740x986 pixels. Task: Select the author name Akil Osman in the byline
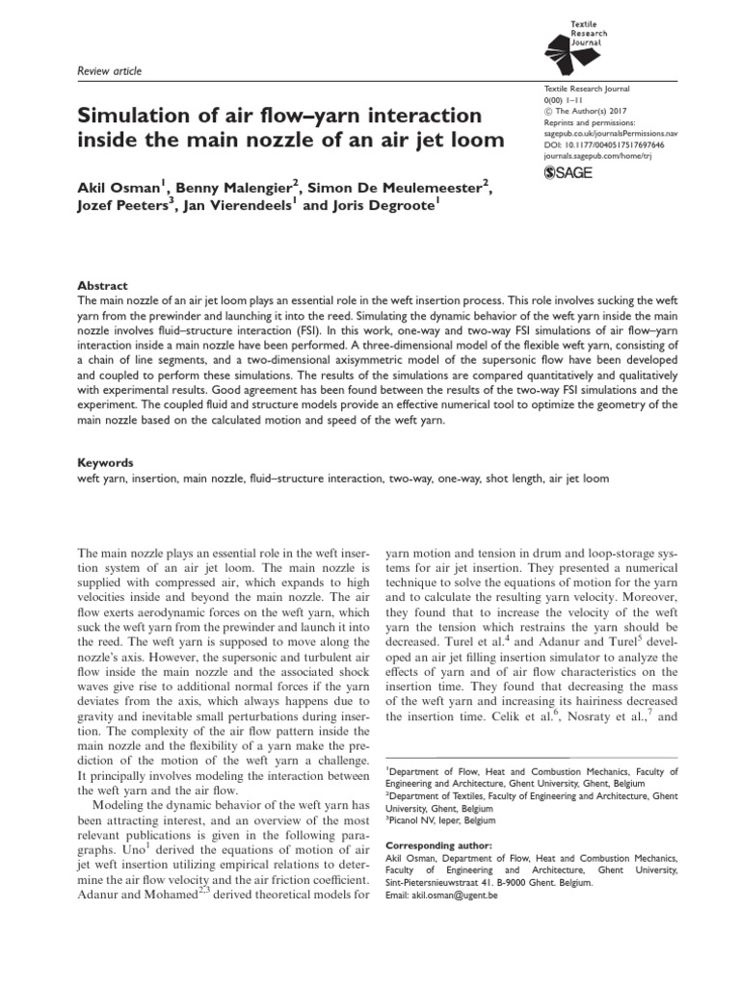(117, 186)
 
